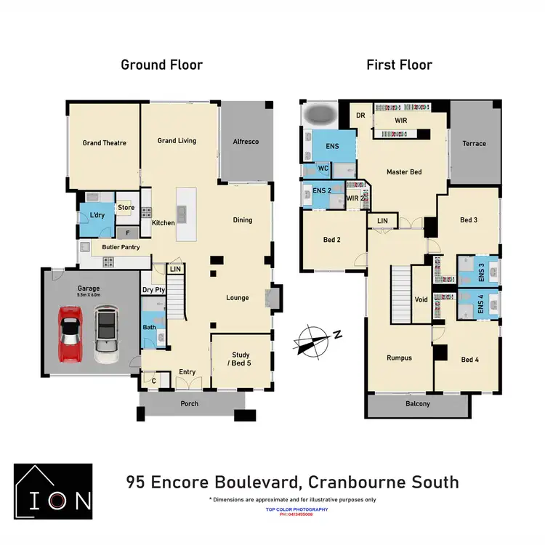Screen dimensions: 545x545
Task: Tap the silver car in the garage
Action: click(106, 334)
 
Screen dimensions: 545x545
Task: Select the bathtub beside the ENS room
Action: click(318, 115)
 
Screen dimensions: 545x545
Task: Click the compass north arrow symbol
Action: click(312, 339)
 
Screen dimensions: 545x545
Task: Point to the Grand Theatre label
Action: click(104, 143)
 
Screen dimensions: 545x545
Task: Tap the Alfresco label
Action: click(246, 142)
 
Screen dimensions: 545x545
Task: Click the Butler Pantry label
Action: click(121, 248)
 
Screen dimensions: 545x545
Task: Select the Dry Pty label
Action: click(153, 290)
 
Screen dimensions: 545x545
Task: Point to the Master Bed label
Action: click(403, 172)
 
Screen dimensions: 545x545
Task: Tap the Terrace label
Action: click(475, 144)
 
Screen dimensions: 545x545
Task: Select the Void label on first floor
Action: click(421, 299)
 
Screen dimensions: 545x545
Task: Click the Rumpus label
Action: click(399, 358)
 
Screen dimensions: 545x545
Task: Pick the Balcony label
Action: click(417, 404)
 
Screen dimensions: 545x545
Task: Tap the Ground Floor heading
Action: click(161, 65)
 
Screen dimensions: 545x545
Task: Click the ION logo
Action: click(53, 492)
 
